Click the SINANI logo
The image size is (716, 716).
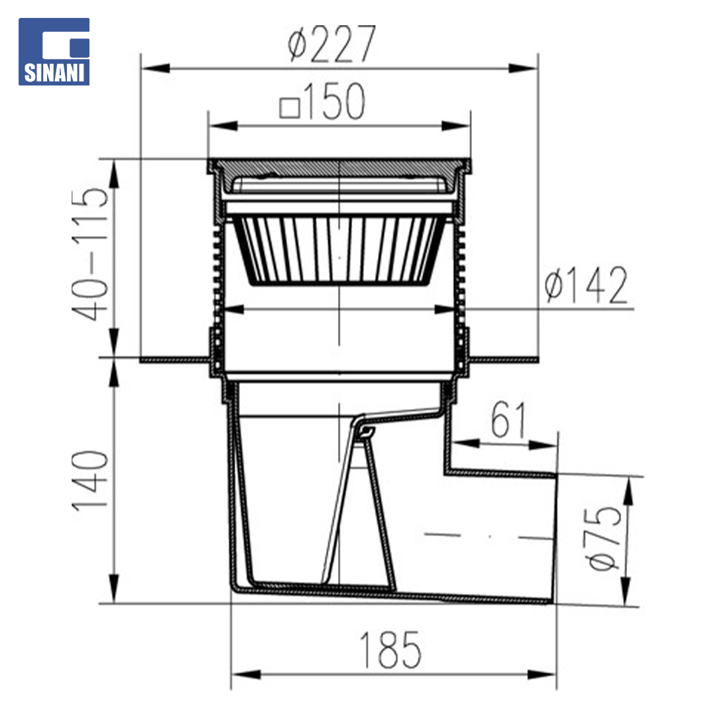54,52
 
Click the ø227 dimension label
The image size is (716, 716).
332,44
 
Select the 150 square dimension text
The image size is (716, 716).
322,101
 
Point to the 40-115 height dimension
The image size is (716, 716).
90,254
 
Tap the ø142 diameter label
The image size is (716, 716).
586,285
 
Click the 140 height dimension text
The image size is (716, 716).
90,480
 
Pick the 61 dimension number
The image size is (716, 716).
508,419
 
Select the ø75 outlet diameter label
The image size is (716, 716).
604,538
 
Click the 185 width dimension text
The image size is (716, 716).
390,650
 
